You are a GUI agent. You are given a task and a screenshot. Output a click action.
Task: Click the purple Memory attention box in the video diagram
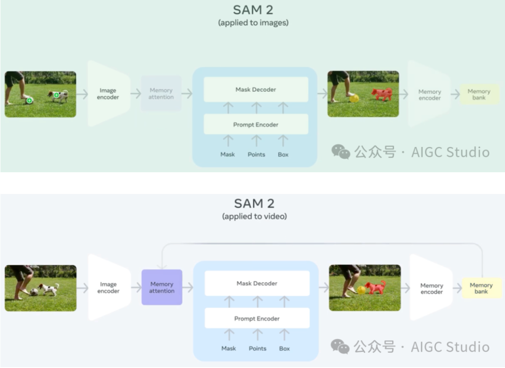coord(162,288)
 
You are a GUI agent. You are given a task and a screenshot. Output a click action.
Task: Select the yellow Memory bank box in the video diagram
coord(481,288)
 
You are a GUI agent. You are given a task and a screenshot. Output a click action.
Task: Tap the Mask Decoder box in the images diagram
coord(256,90)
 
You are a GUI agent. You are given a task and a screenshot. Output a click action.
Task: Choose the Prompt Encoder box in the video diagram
coord(257,318)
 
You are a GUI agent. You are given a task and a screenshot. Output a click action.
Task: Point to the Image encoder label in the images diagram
coord(108,94)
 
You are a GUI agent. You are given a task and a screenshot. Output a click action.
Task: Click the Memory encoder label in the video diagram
coord(431,288)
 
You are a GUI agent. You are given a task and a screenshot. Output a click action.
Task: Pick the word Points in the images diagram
coord(256,155)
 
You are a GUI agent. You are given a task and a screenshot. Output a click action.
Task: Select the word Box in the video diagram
coord(284,349)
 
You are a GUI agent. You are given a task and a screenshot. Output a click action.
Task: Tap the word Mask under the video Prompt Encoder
coord(229,349)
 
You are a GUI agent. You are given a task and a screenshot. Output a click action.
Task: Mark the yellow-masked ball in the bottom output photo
coord(361,290)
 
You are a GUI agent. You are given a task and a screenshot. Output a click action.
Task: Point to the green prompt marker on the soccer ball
coord(29,100)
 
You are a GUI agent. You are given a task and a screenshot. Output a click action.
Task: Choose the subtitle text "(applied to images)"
coord(254,22)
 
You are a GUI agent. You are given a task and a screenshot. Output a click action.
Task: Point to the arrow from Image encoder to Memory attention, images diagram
coord(136,94)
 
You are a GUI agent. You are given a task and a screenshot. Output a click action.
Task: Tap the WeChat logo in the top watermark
coord(340,152)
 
